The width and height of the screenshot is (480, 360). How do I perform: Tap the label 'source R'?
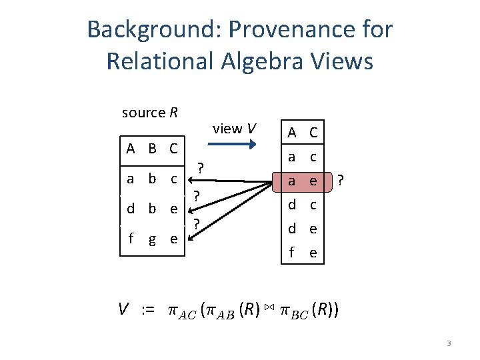point(150,113)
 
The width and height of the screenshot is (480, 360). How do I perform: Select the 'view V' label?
point(234,129)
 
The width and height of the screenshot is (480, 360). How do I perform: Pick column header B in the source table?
point(153,148)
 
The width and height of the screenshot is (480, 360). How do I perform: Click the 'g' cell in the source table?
point(153,239)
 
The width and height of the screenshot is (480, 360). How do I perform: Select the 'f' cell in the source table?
point(132,238)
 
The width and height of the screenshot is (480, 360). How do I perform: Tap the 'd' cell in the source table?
point(131,208)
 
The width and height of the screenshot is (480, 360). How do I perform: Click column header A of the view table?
point(291,134)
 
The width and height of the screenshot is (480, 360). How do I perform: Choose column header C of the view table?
point(311,134)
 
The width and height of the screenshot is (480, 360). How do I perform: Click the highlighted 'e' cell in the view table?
point(311,181)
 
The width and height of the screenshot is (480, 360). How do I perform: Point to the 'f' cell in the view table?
point(291,253)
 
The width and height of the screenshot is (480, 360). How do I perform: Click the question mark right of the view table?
point(341,181)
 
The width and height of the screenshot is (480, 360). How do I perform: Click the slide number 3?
point(449,343)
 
